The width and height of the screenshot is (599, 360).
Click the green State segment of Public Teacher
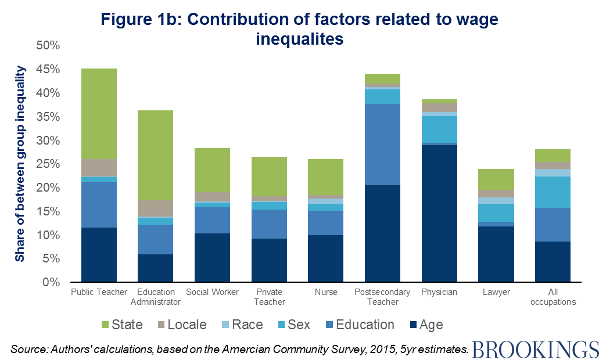99,114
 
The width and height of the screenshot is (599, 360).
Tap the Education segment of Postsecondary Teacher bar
382,145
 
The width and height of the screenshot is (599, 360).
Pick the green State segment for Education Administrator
155,156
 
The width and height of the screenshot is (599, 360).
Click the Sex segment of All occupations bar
553,192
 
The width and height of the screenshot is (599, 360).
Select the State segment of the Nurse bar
326,177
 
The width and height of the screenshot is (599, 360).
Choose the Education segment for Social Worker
212,220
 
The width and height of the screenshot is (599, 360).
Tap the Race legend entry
241,325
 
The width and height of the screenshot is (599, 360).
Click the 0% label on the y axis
52,283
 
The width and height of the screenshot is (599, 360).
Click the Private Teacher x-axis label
269,297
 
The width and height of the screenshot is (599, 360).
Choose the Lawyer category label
496,292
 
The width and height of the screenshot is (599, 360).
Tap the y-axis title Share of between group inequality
20,164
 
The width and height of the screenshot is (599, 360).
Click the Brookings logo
535,349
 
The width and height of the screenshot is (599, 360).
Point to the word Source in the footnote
26,348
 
